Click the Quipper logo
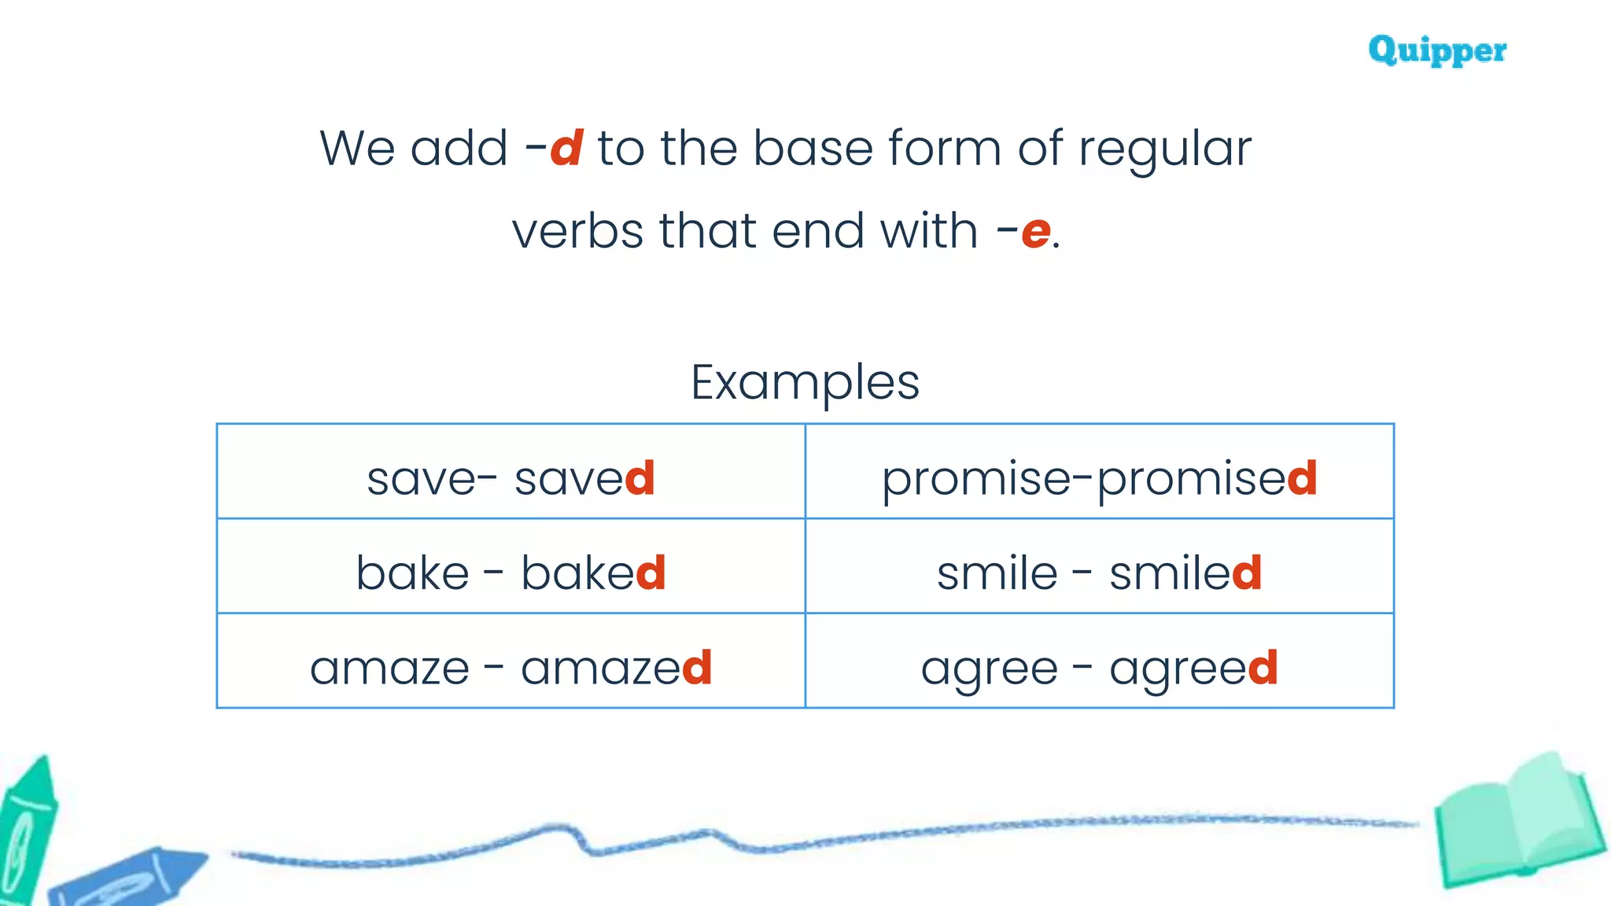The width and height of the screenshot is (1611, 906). coord(1437,50)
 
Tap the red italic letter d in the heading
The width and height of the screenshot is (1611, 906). coord(566,148)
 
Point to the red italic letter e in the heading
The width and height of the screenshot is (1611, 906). coord(1035,232)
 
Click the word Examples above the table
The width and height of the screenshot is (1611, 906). coord(805,383)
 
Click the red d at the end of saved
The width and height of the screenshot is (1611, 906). coord(640,477)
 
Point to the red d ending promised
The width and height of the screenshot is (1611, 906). coord(1302,477)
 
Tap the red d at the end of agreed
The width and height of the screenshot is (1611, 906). coord(1263,667)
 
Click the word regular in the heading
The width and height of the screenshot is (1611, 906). coord(1164,149)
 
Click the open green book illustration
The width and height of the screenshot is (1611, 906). coord(1518,822)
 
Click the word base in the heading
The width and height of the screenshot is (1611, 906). coord(813,148)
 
